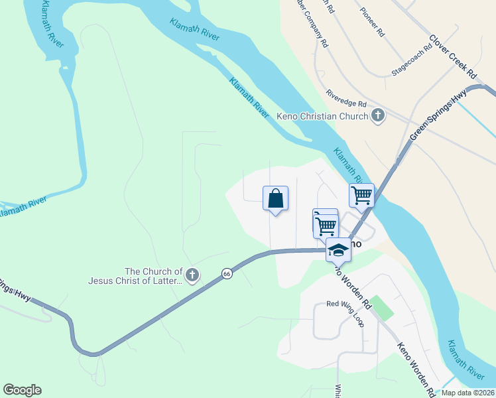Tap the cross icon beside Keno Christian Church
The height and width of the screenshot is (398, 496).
pyautogui.click(x=378, y=117)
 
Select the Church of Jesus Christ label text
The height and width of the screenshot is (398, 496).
pyautogui.click(x=135, y=276)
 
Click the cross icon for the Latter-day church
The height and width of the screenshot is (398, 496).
pyautogui.click(x=192, y=275)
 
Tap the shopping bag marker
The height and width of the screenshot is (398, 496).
pyautogui.click(x=276, y=198)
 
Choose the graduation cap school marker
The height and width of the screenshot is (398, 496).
pyautogui.click(x=338, y=250)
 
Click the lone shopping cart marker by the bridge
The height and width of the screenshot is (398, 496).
pyautogui.click(x=361, y=195)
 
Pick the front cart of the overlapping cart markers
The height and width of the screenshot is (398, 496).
pyautogui.click(x=326, y=226)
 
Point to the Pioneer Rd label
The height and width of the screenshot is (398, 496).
pyautogui.click(x=372, y=22)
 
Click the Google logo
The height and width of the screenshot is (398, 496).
pyautogui.click(x=22, y=390)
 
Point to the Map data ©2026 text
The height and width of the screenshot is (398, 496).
pyautogui.click(x=467, y=393)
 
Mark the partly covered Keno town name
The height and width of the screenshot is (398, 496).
pyautogui.click(x=355, y=244)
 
